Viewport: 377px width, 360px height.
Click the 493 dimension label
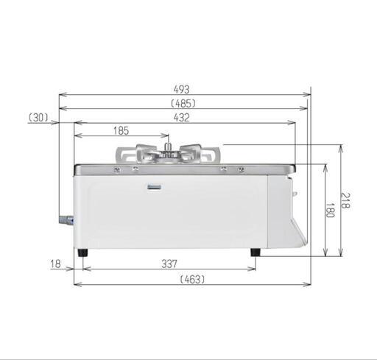point(182,89)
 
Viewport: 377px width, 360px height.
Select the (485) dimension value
point(183,104)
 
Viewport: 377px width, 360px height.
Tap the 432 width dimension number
point(182,118)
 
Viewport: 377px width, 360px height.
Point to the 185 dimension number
point(121,131)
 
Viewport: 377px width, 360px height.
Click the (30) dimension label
point(38,118)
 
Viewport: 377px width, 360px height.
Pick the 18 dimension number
point(55,264)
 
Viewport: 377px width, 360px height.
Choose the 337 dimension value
point(169,264)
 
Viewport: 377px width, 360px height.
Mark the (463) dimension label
point(192,279)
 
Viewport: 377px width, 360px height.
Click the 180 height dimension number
point(330,211)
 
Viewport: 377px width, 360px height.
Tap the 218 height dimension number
point(345,201)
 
